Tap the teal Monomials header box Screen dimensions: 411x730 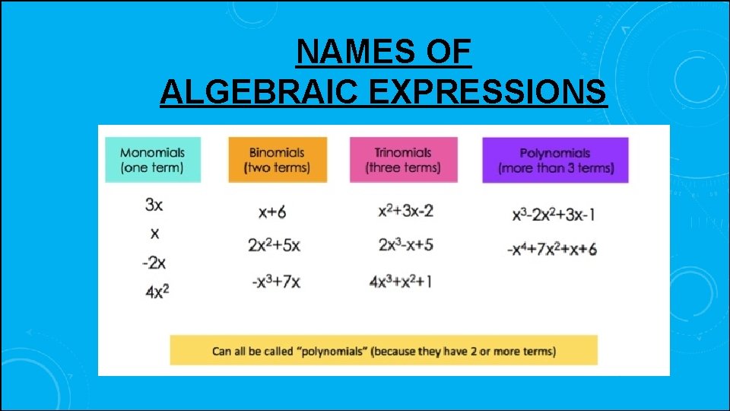[x=152, y=160]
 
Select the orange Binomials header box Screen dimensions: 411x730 [x=278, y=160]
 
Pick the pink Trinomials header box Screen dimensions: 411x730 [x=403, y=160]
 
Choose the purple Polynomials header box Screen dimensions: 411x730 [x=555, y=160]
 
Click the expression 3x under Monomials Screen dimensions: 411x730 [x=154, y=205]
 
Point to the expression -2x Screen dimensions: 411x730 [x=154, y=263]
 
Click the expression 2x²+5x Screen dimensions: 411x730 [x=274, y=245]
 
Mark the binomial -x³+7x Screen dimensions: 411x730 [x=276, y=282]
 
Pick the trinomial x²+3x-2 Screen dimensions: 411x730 [x=405, y=211]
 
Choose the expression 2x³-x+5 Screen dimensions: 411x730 [x=405, y=245]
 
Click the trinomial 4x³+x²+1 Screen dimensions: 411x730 [x=401, y=282]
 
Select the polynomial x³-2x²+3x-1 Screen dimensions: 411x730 [x=554, y=215]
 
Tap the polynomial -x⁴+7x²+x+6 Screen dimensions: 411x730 [x=551, y=249]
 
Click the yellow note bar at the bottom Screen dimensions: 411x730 [x=383, y=350]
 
